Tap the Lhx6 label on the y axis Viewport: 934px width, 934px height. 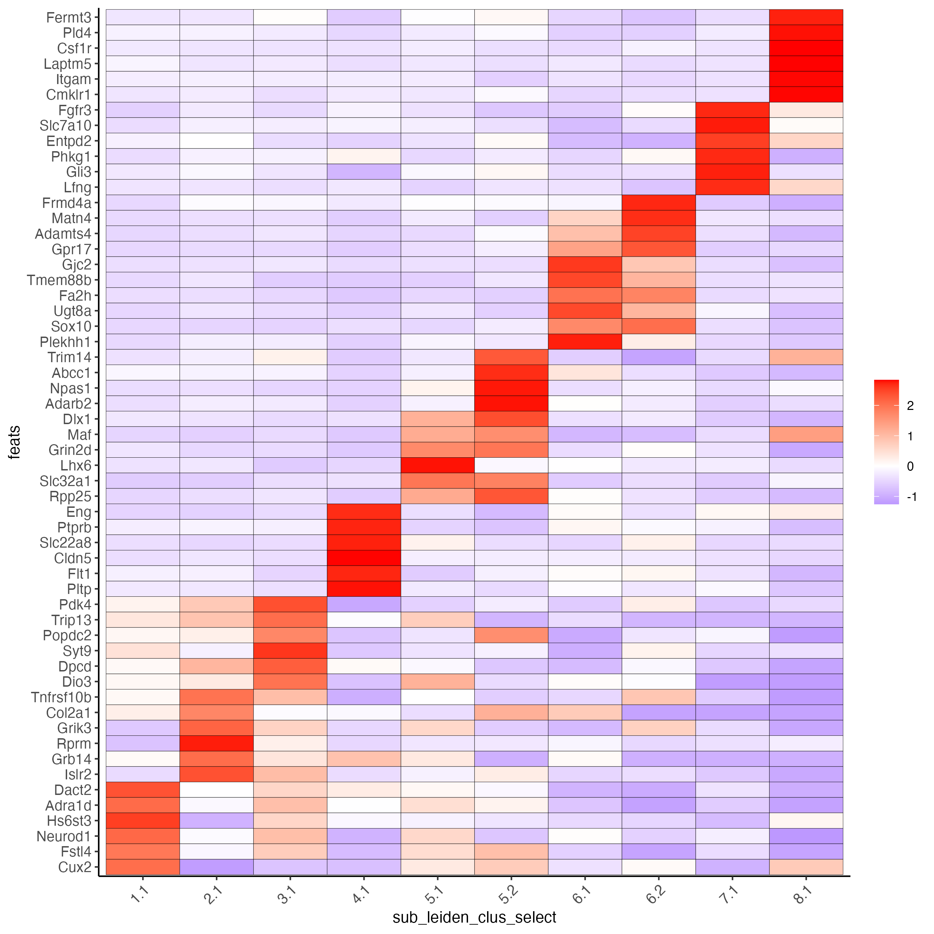75,466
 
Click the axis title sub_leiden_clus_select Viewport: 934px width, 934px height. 474,917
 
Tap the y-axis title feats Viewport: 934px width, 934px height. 15,442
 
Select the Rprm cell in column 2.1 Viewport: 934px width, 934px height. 216,743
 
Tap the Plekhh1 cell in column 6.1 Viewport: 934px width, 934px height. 585,342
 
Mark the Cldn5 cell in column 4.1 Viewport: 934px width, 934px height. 364,558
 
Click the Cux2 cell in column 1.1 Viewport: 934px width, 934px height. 143,867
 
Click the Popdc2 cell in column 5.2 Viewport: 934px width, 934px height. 511,635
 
